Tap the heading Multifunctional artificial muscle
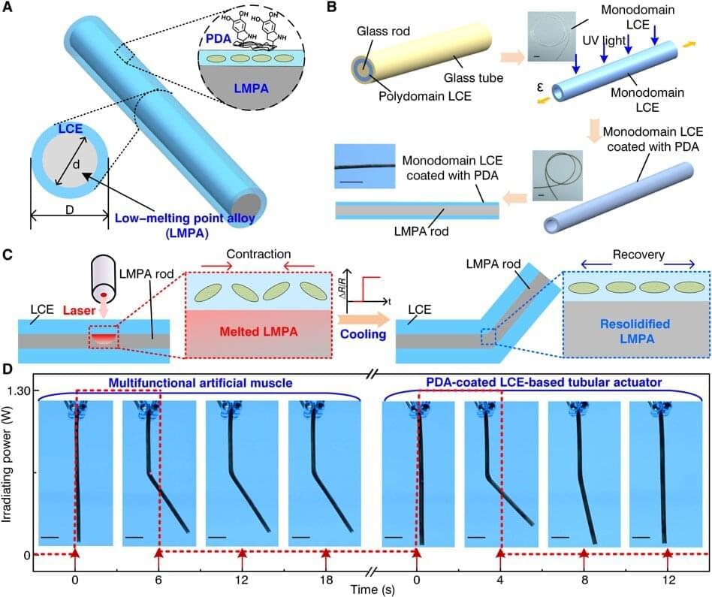point(198,383)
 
